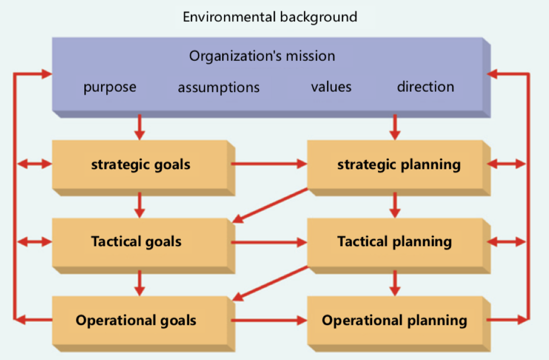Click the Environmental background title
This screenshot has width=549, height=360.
click(270, 17)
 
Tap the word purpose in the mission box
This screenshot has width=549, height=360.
click(110, 87)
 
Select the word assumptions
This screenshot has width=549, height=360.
click(219, 87)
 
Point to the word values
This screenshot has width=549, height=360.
click(331, 87)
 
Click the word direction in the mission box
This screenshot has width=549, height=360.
click(425, 86)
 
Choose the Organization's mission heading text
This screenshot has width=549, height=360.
click(262, 56)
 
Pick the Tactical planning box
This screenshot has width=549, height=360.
click(399, 246)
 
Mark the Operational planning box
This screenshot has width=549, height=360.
click(399, 324)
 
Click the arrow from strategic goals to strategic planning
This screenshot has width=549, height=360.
click(269, 163)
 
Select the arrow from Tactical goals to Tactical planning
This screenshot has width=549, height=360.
click(269, 242)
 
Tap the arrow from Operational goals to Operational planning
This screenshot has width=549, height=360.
click(269, 320)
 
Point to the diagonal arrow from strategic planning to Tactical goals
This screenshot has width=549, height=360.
click(270, 206)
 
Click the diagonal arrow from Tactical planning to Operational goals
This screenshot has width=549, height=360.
click(270, 283)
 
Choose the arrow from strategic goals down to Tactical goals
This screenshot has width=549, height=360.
click(139, 205)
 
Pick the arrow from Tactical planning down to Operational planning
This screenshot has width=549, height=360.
click(395, 283)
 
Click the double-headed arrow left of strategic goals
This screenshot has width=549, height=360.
click(35, 163)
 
